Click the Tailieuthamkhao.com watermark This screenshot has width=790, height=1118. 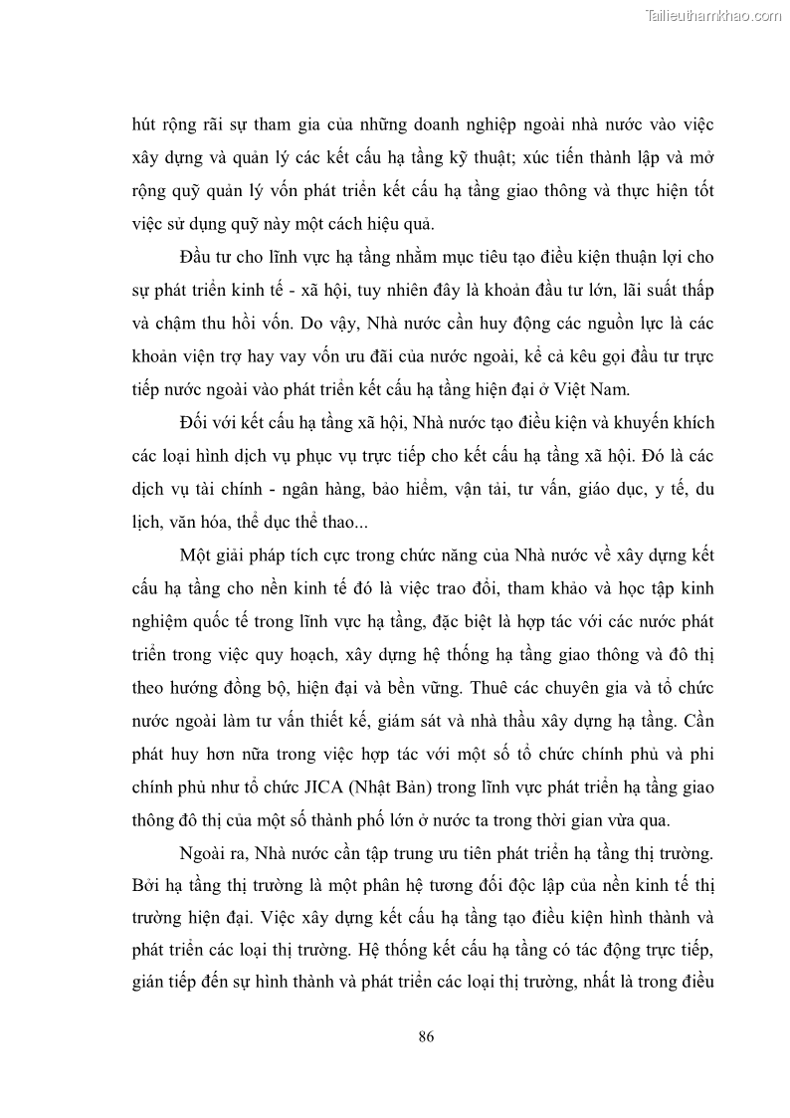pos(713,16)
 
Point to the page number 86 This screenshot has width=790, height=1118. pos(426,1035)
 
